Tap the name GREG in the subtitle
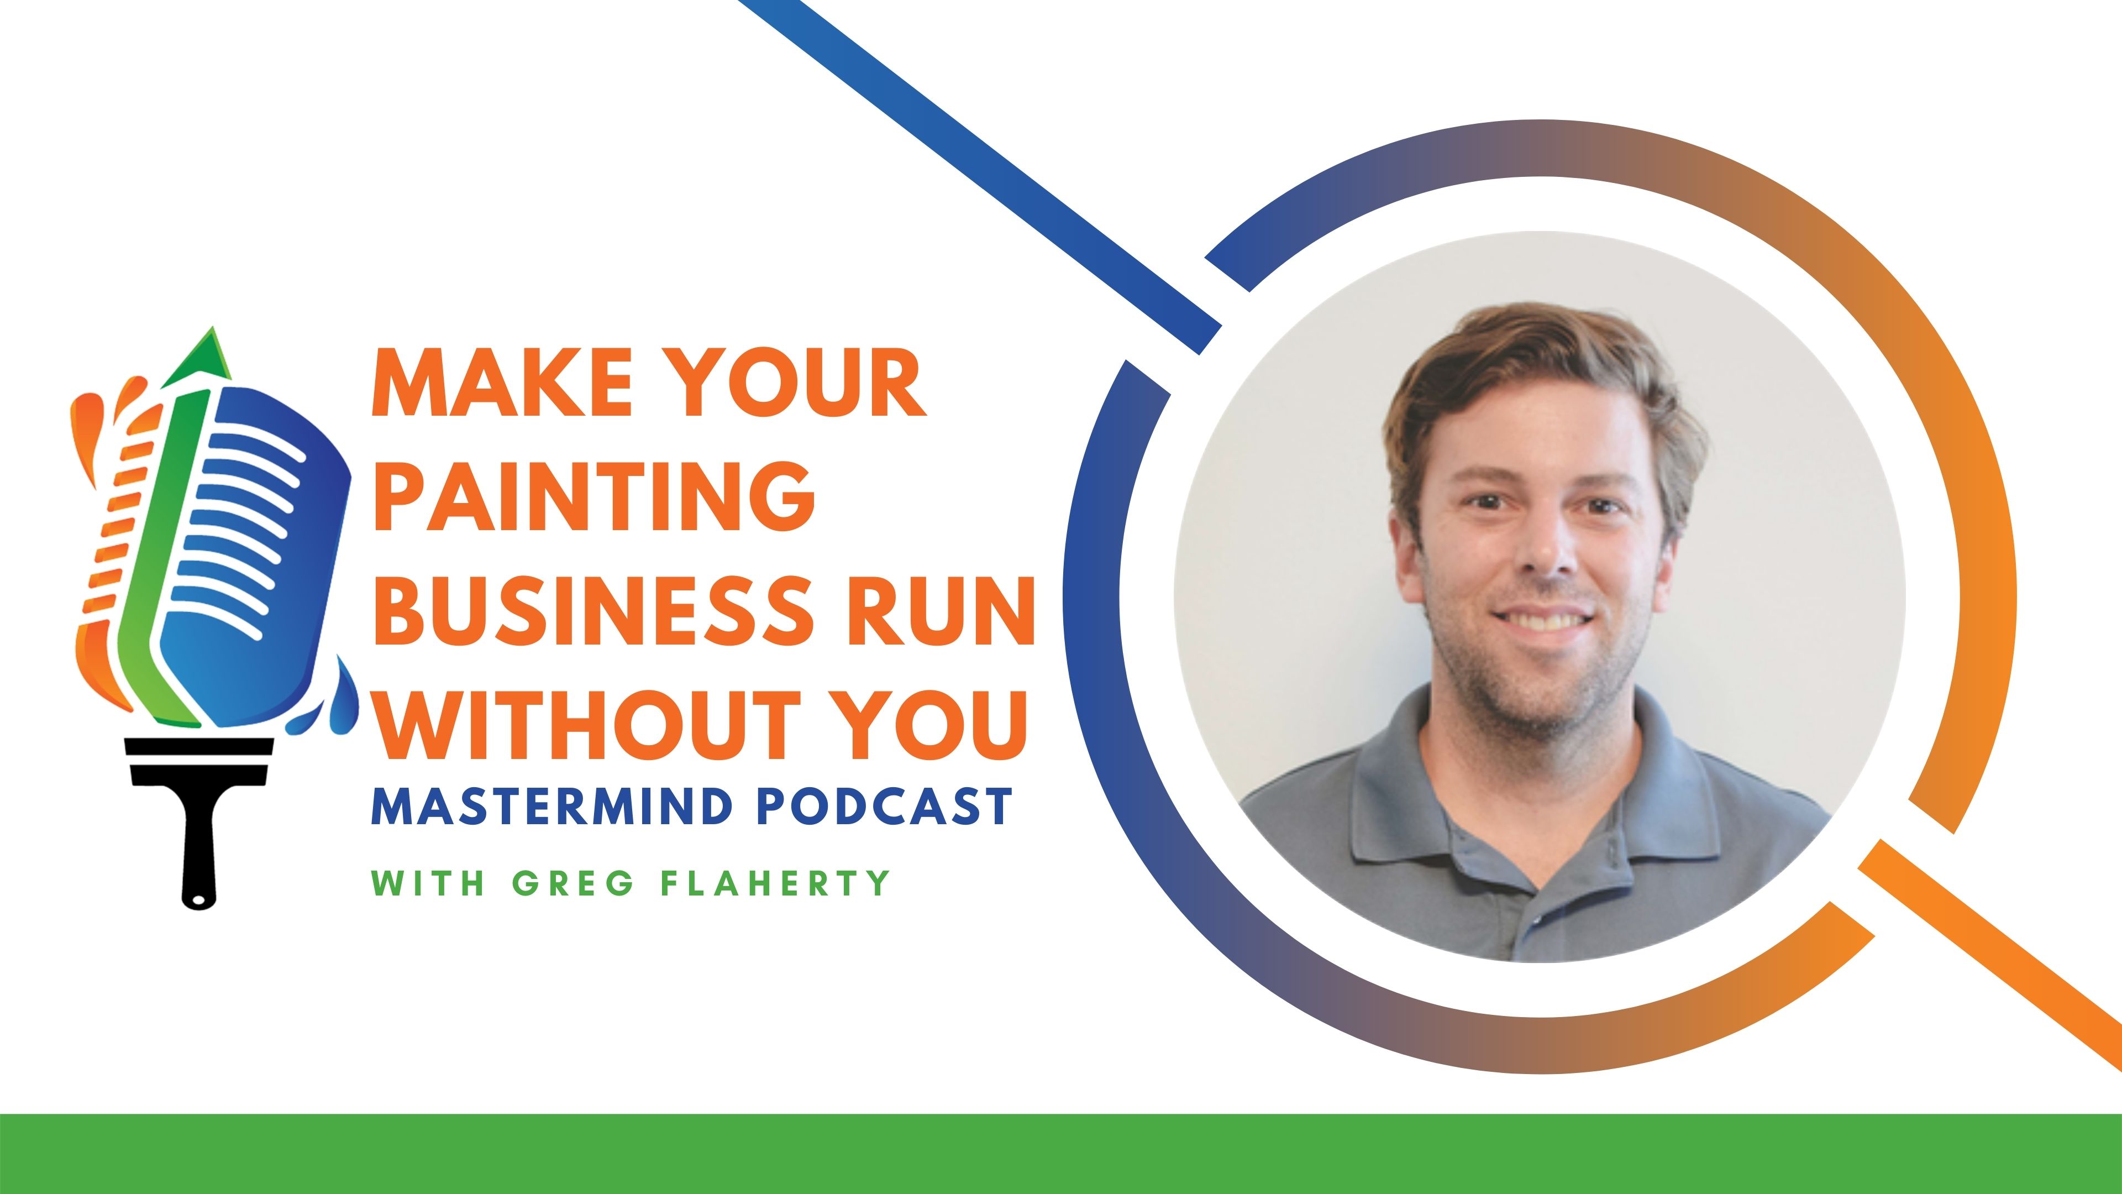(574, 883)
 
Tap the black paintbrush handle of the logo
(198, 849)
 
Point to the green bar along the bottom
(1061, 1154)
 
